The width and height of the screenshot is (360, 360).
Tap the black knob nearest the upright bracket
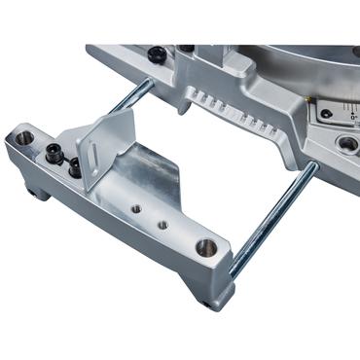74,167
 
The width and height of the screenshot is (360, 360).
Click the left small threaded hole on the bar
139,207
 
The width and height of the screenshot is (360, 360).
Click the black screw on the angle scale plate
327,114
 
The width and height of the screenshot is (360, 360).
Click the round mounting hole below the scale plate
345,144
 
